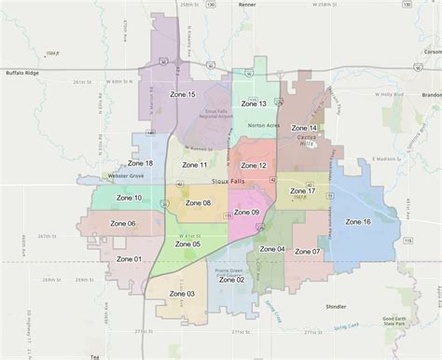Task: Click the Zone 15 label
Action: tap(183, 95)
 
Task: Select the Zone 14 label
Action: tap(304, 128)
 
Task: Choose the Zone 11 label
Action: tap(195, 165)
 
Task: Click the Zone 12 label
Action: tap(254, 165)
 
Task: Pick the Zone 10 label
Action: tap(129, 198)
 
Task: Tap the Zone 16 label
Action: tap(358, 222)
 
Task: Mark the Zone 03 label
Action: tap(183, 294)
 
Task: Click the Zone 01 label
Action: tap(129, 258)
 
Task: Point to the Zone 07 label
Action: tap(308, 252)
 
